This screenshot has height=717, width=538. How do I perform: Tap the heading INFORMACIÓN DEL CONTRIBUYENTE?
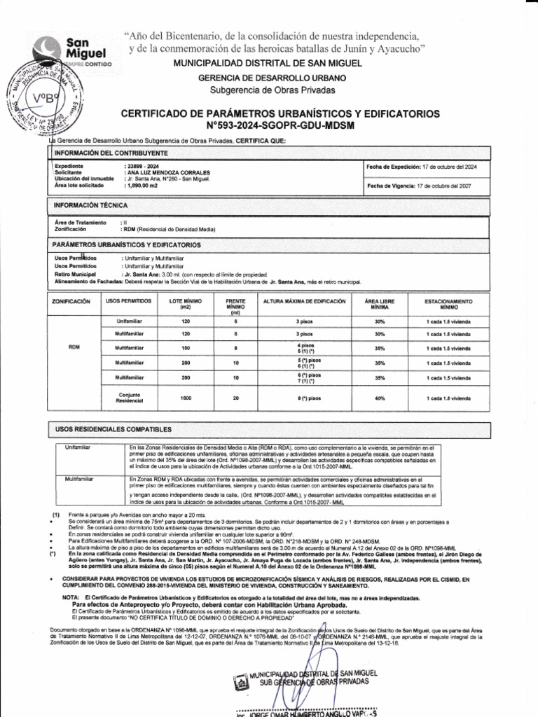click(111, 153)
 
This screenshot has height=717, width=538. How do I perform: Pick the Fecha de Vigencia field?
click(421, 186)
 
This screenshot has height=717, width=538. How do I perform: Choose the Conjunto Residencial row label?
click(129, 398)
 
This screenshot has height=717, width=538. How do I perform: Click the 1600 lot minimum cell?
click(186, 398)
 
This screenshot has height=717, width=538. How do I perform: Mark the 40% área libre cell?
click(380, 398)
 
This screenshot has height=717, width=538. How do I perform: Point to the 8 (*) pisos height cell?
click(304, 398)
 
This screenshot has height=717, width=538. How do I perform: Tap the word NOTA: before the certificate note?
click(71, 597)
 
